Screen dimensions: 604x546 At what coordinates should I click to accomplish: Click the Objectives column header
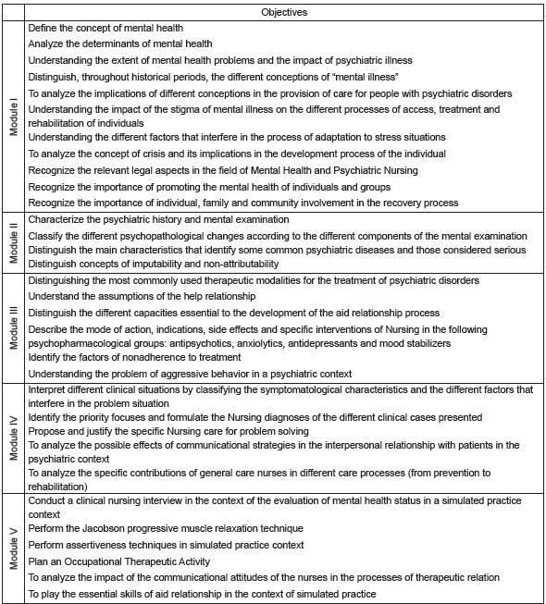coord(284,13)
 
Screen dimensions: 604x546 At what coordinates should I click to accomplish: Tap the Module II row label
coord(14,243)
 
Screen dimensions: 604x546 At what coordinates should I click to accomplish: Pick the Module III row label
coord(14,327)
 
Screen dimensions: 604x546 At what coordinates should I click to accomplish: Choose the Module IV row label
coord(14,438)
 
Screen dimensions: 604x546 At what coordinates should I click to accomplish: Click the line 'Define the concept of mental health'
coord(105,29)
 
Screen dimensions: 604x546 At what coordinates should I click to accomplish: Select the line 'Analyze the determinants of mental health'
coord(120,44)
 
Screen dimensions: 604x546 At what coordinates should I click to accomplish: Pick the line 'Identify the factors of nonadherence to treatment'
coord(135,357)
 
